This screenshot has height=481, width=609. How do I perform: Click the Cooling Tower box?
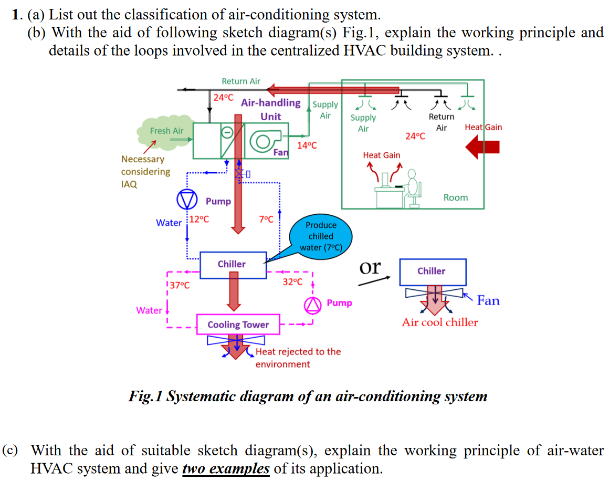tap(238, 324)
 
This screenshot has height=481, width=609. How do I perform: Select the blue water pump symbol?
tap(187, 199)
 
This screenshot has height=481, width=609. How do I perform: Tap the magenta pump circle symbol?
tap(313, 306)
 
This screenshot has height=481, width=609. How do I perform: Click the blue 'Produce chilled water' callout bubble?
tap(320, 236)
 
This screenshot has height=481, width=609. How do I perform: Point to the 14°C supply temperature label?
tap(307, 145)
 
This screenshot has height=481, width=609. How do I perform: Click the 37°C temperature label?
tap(180, 285)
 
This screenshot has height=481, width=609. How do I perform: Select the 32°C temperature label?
tap(292, 281)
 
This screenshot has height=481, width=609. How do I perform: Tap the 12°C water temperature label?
tap(199, 219)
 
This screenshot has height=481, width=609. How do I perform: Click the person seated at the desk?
tap(413, 187)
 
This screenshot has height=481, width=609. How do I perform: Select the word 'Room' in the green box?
tap(456, 197)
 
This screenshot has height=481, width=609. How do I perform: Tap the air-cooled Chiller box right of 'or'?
tap(433, 272)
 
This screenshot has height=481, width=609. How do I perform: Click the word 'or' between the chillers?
tap(370, 267)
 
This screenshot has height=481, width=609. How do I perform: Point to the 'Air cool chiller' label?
tap(439, 322)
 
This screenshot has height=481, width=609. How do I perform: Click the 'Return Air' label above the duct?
tap(241, 81)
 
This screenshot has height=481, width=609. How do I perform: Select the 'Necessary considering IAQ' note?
tap(145, 171)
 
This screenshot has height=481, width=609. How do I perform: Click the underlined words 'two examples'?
tap(226, 468)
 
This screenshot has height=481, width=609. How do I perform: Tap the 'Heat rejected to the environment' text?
tap(298, 358)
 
